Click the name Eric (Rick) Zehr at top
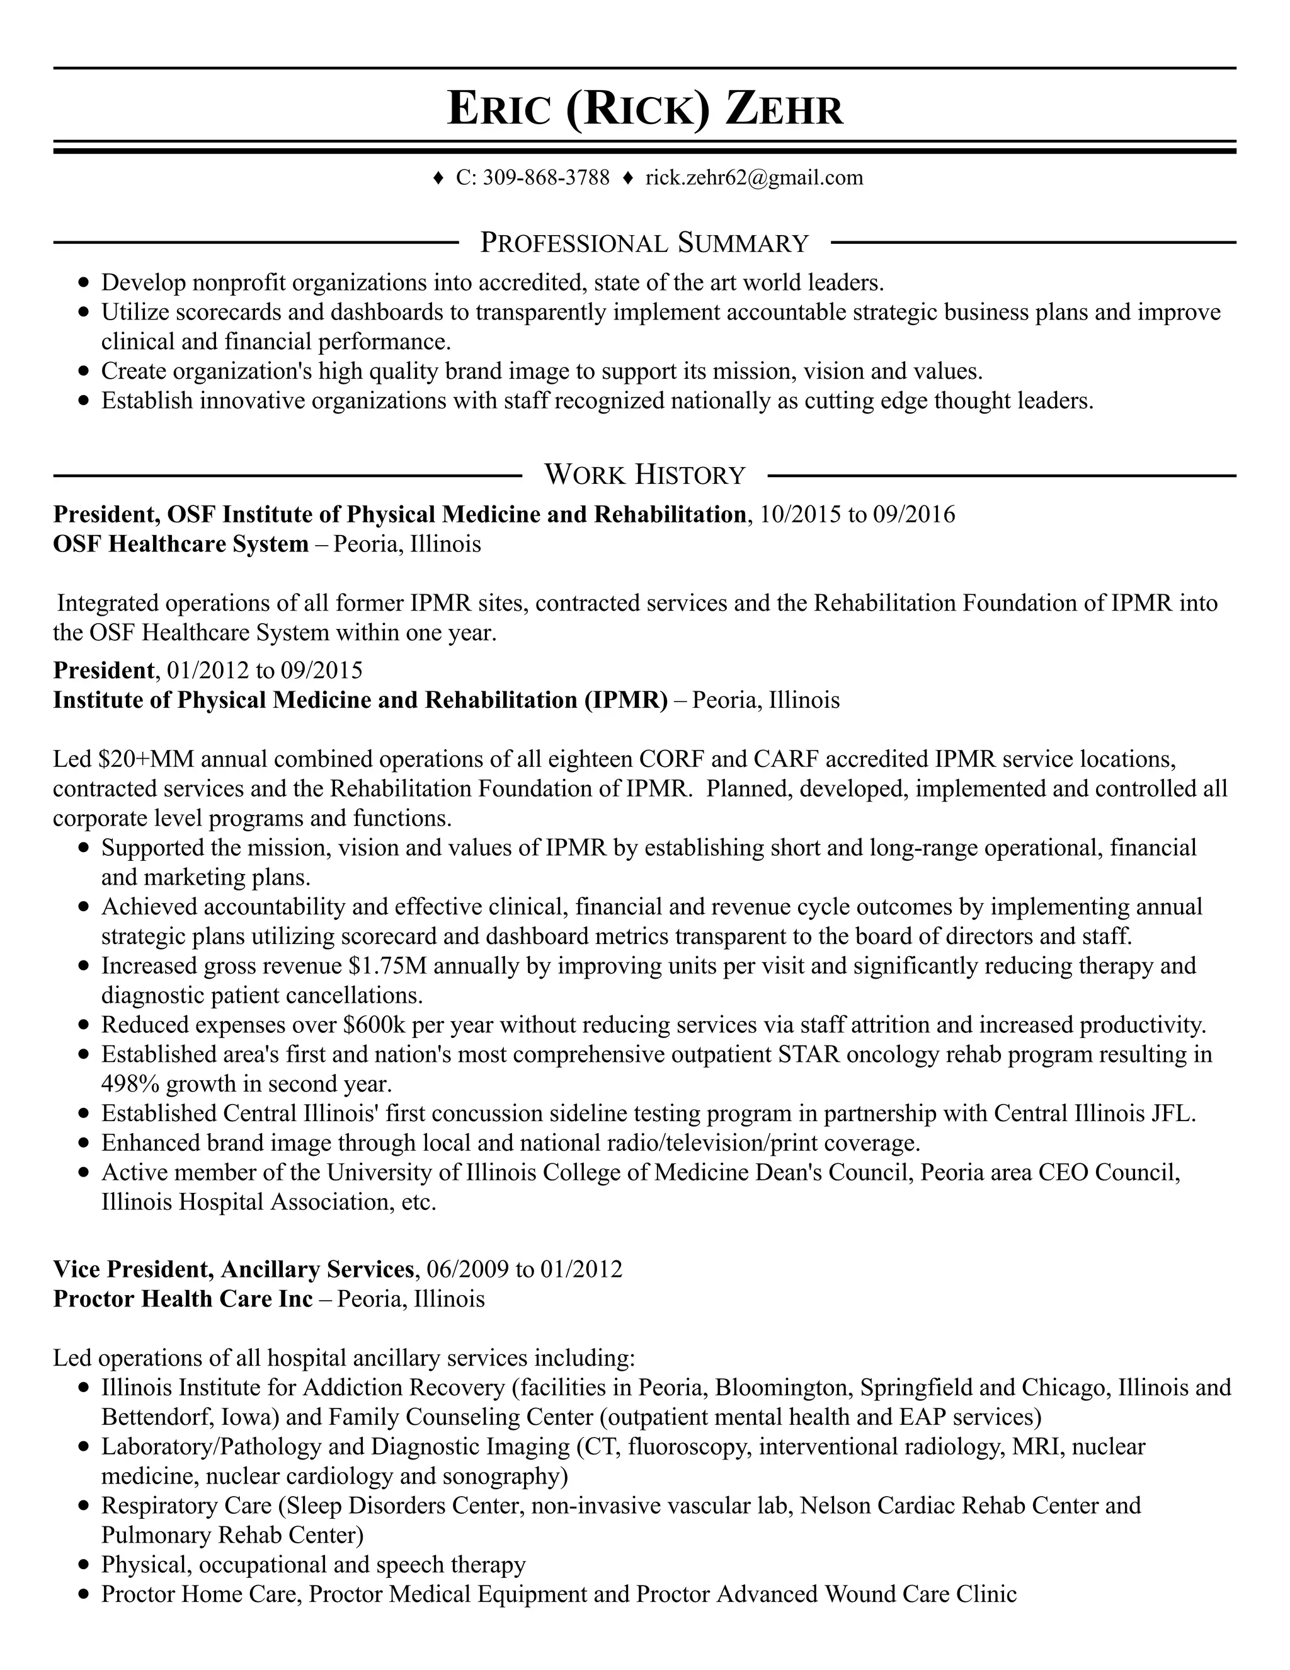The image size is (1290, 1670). pyautogui.click(x=644, y=108)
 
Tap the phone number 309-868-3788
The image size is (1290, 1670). pyautogui.click(x=545, y=178)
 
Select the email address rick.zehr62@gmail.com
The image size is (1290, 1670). pyautogui.click(x=753, y=178)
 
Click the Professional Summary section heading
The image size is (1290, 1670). pyautogui.click(x=644, y=243)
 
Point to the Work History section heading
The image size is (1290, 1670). pyautogui.click(x=644, y=475)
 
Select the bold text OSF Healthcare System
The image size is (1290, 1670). pyautogui.click(x=180, y=544)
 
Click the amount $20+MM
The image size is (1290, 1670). pyautogui.click(x=146, y=759)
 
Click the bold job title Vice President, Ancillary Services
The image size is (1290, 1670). pyautogui.click(x=233, y=1269)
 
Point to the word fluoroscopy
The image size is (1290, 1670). pyautogui.click(x=680, y=1447)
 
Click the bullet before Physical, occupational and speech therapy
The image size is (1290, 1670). pyautogui.click(x=84, y=1565)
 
